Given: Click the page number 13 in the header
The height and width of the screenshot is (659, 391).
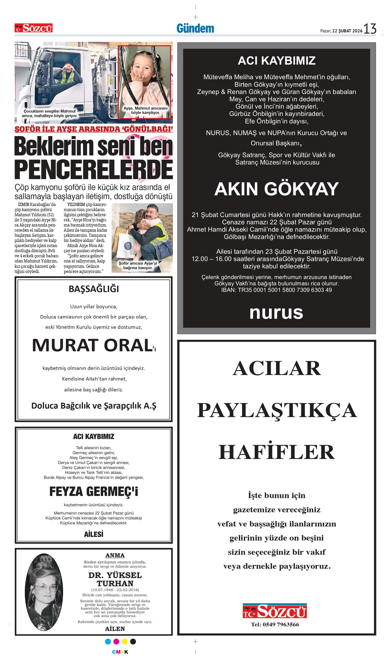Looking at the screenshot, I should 370,28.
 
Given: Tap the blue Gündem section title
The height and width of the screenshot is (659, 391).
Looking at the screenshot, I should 195,28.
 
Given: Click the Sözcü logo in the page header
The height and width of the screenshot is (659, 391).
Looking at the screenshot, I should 33,28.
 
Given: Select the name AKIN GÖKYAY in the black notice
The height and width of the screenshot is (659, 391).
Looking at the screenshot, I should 276,189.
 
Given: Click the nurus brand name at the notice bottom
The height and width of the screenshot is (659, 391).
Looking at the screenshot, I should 276,313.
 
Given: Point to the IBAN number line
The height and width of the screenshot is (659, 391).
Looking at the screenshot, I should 276,290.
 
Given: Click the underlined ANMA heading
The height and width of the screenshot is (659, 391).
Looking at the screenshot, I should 115,555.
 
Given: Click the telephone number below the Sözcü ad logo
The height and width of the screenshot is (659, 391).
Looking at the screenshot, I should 275,624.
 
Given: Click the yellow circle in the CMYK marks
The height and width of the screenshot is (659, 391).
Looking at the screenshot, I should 125,641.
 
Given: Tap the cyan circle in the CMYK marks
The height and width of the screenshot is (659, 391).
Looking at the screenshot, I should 108,641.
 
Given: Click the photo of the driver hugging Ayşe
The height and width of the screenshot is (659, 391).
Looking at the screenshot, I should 142,237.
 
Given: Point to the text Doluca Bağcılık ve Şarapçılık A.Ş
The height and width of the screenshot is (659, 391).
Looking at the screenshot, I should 93,406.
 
